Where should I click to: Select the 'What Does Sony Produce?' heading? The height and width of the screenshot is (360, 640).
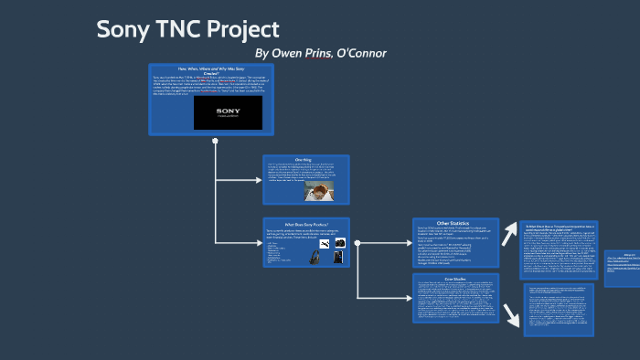pyautogui.click(x=306, y=223)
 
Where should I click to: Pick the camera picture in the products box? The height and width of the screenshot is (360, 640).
pyautogui.click(x=339, y=243)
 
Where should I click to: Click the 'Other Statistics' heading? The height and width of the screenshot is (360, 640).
pyautogui.click(x=454, y=223)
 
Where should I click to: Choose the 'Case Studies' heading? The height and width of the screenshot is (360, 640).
pyautogui.click(x=455, y=278)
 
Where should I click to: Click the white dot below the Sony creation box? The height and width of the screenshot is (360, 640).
pyautogui.click(x=215, y=142)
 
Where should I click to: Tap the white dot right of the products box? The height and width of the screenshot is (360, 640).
pyautogui.click(x=357, y=243)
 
